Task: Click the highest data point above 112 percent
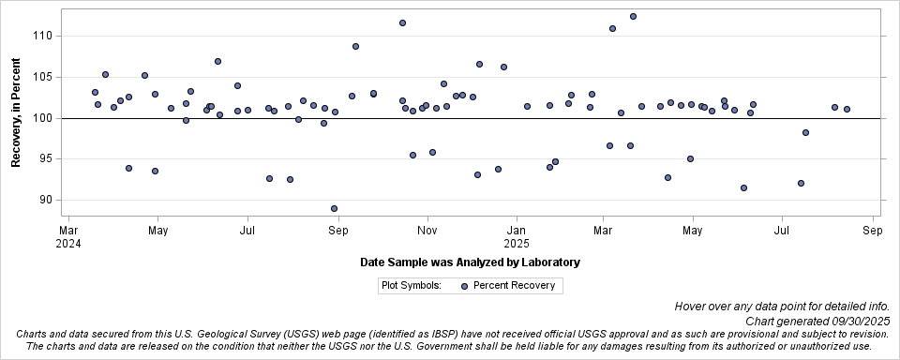[x=633, y=16]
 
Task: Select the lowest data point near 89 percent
[x=334, y=208]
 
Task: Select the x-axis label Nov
[x=427, y=230]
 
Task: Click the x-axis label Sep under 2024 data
[x=338, y=230]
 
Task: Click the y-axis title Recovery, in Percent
[x=16, y=113]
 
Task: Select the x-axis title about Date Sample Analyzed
[x=470, y=262]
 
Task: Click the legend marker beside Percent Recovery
[x=464, y=286]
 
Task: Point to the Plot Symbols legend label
[x=412, y=286]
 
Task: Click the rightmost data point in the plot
[x=847, y=109]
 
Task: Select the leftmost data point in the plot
[x=95, y=92]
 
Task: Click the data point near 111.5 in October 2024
[x=402, y=22]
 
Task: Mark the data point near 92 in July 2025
[x=801, y=183]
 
